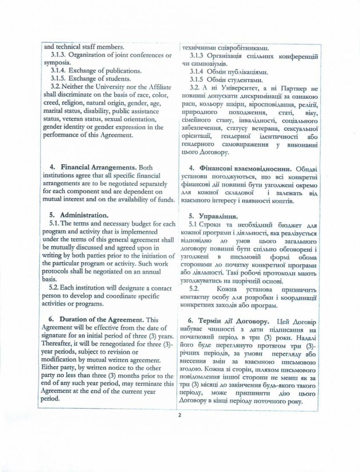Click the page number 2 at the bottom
180,416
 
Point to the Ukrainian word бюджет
287,224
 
